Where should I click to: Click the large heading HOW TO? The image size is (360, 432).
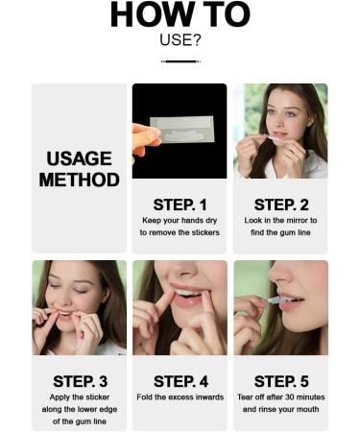pyautogui.click(x=180, y=15)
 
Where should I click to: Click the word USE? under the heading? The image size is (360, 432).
pyautogui.click(x=180, y=40)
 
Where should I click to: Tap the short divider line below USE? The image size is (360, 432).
pyautogui.click(x=180, y=61)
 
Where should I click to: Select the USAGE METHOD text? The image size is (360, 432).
pyautogui.click(x=79, y=169)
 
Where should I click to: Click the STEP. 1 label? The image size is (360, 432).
pyautogui.click(x=180, y=204)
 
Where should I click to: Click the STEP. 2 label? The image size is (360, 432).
pyautogui.click(x=280, y=204)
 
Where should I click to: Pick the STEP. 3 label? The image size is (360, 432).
pyautogui.click(x=79, y=381)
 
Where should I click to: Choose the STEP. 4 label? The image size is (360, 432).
pyautogui.click(x=180, y=381)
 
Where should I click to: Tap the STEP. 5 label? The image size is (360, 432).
pyautogui.click(x=280, y=381)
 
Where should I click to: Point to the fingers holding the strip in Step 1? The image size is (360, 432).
pyautogui.click(x=145, y=136)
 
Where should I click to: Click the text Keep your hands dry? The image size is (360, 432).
pyautogui.click(x=180, y=221)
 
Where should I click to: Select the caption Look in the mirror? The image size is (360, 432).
pyautogui.click(x=280, y=221)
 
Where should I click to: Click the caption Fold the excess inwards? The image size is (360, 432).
pyautogui.click(x=180, y=397)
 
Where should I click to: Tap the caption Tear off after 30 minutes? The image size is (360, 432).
pyautogui.click(x=280, y=397)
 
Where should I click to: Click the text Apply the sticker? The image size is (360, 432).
pyautogui.click(x=79, y=397)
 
